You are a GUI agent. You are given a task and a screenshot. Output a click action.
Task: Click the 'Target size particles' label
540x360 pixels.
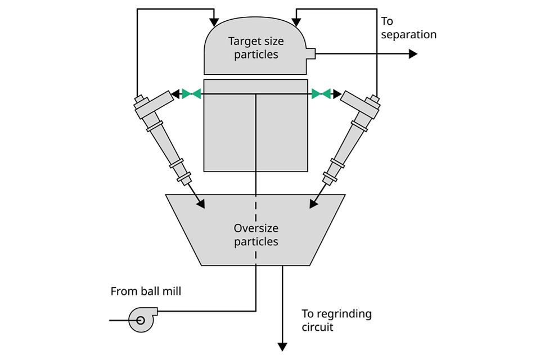(256, 48)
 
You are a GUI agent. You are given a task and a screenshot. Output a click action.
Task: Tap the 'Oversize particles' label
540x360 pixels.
(256, 235)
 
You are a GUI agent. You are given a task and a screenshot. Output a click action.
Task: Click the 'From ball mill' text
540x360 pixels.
(146, 291)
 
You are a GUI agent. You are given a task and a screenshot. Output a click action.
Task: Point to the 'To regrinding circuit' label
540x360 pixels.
(336, 320)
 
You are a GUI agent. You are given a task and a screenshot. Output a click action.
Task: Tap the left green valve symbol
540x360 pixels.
(191, 94)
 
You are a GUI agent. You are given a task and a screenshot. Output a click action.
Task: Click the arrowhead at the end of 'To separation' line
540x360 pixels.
(413, 53)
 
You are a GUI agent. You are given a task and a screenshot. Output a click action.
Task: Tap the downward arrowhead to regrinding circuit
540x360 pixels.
(282, 346)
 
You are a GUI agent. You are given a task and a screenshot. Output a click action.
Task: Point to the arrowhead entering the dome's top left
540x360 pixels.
(214, 23)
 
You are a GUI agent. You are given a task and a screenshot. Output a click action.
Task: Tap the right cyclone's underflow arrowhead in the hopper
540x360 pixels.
(313, 204)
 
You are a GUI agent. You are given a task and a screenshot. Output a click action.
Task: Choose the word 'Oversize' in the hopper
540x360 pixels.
(256, 228)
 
